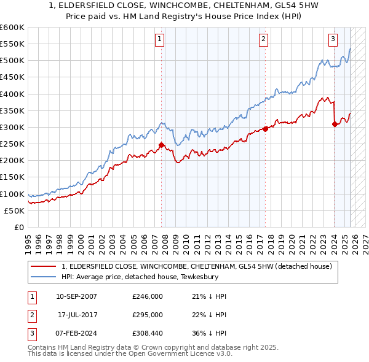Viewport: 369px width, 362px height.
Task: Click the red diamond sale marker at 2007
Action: click(161, 145)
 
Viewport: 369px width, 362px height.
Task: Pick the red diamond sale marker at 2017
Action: click(265, 129)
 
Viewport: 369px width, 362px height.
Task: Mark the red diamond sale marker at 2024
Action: click(335, 125)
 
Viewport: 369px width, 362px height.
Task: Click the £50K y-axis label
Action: click(15, 210)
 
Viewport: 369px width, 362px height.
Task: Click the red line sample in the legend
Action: click(44, 266)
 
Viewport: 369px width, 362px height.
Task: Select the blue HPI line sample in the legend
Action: click(44, 277)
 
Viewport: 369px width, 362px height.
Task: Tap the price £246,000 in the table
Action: click(148, 296)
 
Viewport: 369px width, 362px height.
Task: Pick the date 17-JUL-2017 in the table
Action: click(79, 315)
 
